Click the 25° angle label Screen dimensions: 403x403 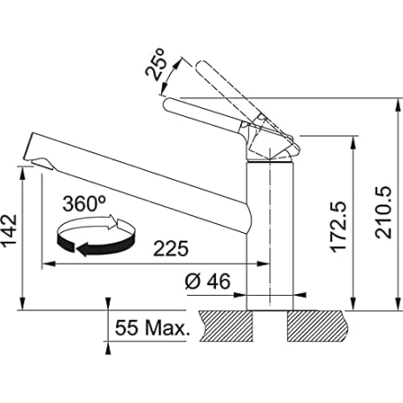click(155, 65)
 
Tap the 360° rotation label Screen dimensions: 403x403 click(84, 204)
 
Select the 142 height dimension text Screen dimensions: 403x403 click(9, 231)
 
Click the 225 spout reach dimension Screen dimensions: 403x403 click(171, 249)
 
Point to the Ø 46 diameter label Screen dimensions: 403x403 click(207, 282)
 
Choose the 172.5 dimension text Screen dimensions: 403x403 click(338, 227)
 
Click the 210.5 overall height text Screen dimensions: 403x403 click(384, 212)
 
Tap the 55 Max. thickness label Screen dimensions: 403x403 click(151, 328)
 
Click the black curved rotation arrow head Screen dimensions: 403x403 click(83, 250)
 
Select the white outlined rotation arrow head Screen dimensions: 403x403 click(112, 222)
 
